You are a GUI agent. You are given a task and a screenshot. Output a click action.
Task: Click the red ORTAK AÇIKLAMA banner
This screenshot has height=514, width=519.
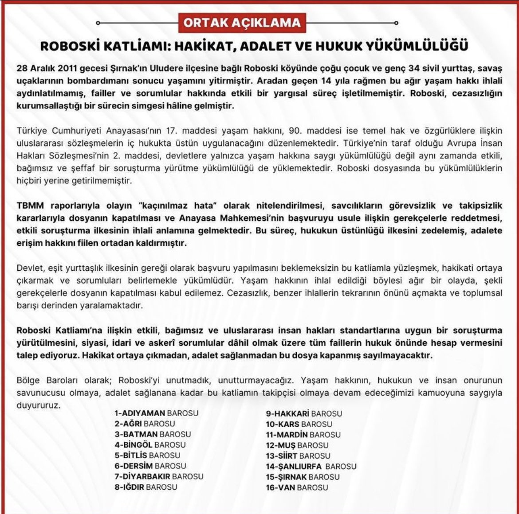242,23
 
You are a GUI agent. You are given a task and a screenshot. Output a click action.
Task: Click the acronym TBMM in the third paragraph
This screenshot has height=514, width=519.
30,206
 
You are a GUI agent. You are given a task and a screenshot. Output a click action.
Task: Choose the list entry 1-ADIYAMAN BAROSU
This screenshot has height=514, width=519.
156,413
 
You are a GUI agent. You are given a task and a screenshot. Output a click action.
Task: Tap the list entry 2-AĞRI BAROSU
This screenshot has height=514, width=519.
144,424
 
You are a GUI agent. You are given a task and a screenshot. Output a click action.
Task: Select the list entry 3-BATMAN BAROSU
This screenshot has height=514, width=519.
153,434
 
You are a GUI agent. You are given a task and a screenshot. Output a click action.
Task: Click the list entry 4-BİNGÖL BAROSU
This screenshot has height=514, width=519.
150,445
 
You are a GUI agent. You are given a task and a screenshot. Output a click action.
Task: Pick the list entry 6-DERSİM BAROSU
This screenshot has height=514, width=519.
150,466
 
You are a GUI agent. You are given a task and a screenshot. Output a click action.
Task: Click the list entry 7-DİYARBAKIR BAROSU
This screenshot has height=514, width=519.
159,477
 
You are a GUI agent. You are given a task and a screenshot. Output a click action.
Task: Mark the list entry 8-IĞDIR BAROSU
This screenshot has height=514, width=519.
145,487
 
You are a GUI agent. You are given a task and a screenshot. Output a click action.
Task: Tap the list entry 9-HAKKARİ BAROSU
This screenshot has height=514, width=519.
304,413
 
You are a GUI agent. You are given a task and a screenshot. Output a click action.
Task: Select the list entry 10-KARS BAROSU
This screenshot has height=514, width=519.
299,424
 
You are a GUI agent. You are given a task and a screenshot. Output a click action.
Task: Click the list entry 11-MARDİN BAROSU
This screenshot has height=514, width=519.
303,435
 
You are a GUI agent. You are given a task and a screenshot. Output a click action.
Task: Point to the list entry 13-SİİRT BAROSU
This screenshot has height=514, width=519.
298,456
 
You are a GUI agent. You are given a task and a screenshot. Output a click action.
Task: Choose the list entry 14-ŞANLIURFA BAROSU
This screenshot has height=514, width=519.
311,467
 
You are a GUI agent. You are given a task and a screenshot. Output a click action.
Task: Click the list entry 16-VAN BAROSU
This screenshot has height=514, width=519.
297,488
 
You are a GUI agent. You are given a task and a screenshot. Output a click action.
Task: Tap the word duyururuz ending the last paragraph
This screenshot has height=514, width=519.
37,405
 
